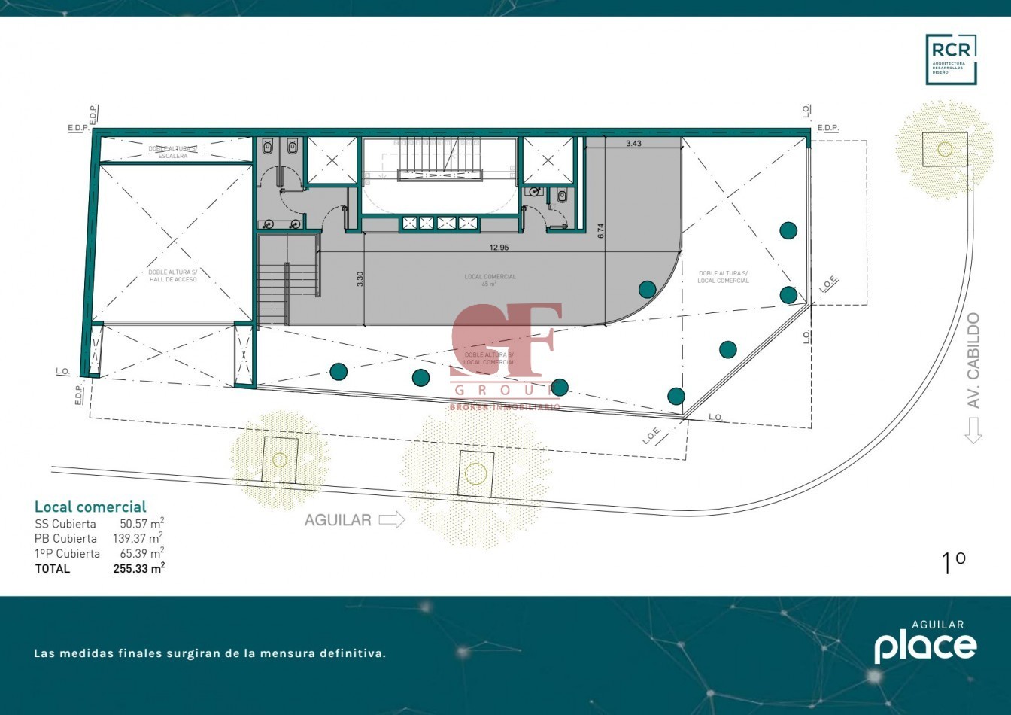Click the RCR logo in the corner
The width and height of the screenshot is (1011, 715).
(951, 59)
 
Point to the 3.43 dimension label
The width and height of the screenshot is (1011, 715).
(633, 144)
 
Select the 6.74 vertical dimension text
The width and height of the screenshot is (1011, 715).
(600, 231)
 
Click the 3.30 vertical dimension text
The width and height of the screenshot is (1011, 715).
(360, 278)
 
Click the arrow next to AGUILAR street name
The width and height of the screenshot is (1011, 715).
(392, 519)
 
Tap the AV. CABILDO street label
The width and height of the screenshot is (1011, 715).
(974, 361)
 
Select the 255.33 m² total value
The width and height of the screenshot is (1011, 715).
(138, 569)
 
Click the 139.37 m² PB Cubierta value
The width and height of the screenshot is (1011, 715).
(141, 538)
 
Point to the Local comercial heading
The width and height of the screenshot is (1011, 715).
(90, 507)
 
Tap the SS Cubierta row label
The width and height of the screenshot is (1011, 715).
(65, 524)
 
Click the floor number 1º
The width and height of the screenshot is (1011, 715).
(953, 563)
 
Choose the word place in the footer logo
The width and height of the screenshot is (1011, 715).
(924, 647)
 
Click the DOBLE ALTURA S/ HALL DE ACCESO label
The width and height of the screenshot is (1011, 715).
(172, 276)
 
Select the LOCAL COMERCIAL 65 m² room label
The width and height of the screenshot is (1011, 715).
(490, 280)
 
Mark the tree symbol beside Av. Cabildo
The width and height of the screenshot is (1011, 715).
(945, 149)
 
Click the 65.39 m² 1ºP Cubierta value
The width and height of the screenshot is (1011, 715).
(141, 553)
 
